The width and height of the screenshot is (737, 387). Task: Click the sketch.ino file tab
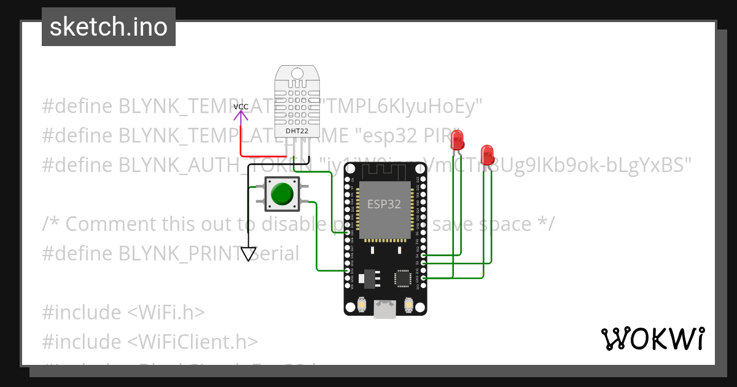click(109, 27)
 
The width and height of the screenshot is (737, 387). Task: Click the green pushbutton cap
click(282, 193)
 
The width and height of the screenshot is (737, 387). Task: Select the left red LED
click(456, 141)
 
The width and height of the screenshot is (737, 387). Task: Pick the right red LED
click(487, 154)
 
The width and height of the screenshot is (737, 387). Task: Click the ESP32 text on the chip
click(384, 204)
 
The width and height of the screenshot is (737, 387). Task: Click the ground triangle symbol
click(249, 253)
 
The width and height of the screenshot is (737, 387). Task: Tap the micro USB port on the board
click(385, 309)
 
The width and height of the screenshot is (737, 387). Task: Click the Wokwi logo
click(652, 338)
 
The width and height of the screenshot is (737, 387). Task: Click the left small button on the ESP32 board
click(362, 304)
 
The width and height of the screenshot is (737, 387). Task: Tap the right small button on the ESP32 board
click(409, 304)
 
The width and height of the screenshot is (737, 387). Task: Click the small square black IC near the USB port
click(403, 278)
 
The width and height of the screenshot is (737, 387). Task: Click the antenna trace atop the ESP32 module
click(384, 173)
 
